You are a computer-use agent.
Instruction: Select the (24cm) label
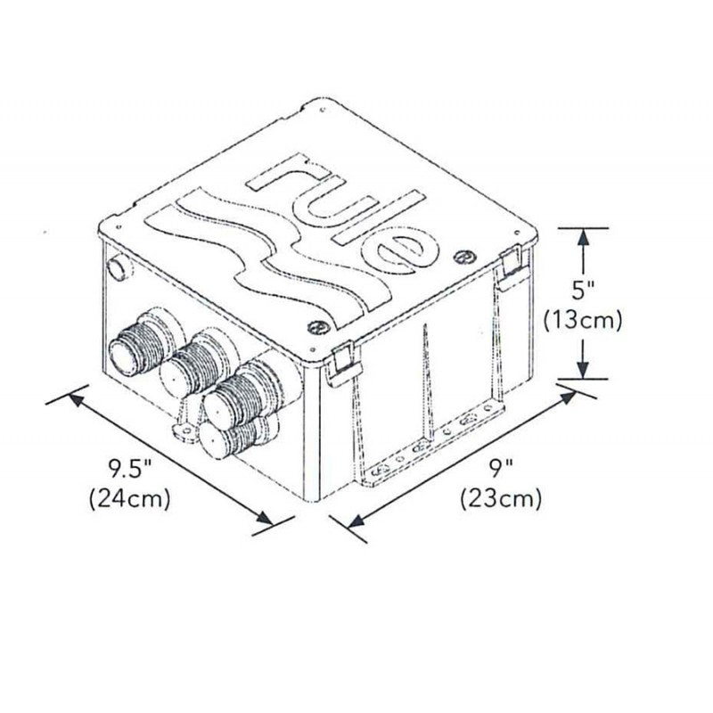coord(130,499)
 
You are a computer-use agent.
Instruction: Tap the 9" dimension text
coord(502,470)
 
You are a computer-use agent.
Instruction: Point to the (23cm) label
coord(501,499)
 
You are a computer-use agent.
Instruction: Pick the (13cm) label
coord(584,320)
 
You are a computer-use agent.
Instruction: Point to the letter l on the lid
coord(380,217)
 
